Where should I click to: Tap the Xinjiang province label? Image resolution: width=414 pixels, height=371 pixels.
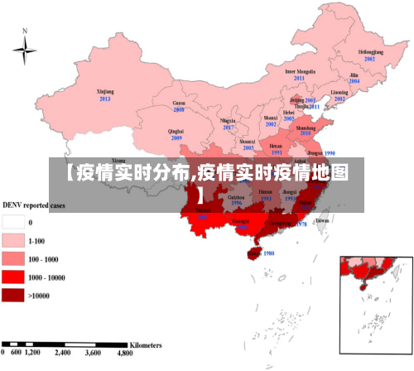tap(105, 91)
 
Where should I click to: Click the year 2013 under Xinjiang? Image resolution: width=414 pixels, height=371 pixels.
tap(105, 99)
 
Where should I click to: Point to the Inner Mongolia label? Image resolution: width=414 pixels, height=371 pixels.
tap(301, 71)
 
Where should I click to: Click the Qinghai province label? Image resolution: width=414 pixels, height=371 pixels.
tap(176, 131)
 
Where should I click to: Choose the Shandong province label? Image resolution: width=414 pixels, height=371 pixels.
tap(306, 128)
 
